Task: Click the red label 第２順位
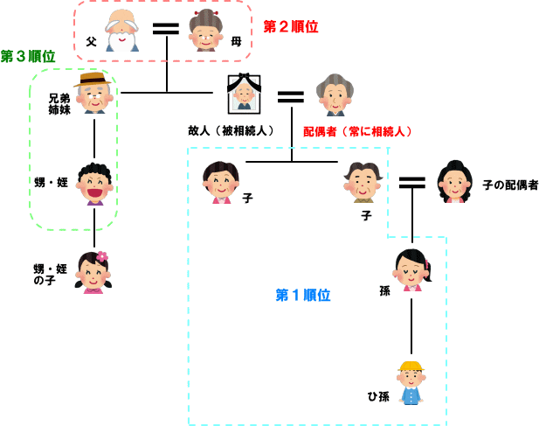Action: [x=291, y=26]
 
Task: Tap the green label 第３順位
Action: [x=28, y=56]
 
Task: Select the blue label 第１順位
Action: [x=303, y=295]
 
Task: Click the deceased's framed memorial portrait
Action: [x=245, y=94]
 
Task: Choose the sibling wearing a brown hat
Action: [x=94, y=94]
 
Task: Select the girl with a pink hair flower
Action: [x=93, y=272]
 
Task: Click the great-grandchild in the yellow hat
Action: [x=411, y=382]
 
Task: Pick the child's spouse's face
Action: [x=455, y=181]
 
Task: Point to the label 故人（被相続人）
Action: [x=231, y=130]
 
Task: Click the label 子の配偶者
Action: [x=510, y=185]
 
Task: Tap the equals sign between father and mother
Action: [x=165, y=27]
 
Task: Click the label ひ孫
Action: [x=378, y=396]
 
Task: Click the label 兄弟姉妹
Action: [x=59, y=104]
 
